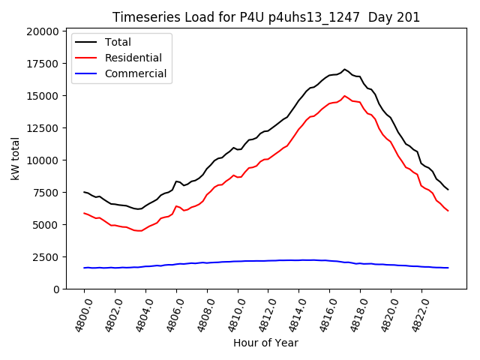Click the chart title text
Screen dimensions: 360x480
[x=266, y=17]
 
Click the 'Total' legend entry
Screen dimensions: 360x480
[x=118, y=42]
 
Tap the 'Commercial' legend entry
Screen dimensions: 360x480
[x=136, y=73]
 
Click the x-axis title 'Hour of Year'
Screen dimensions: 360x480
[x=265, y=343]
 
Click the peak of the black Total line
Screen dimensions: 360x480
[x=345, y=70]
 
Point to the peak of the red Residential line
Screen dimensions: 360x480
[x=345, y=96]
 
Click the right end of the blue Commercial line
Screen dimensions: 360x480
[x=448, y=268]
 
